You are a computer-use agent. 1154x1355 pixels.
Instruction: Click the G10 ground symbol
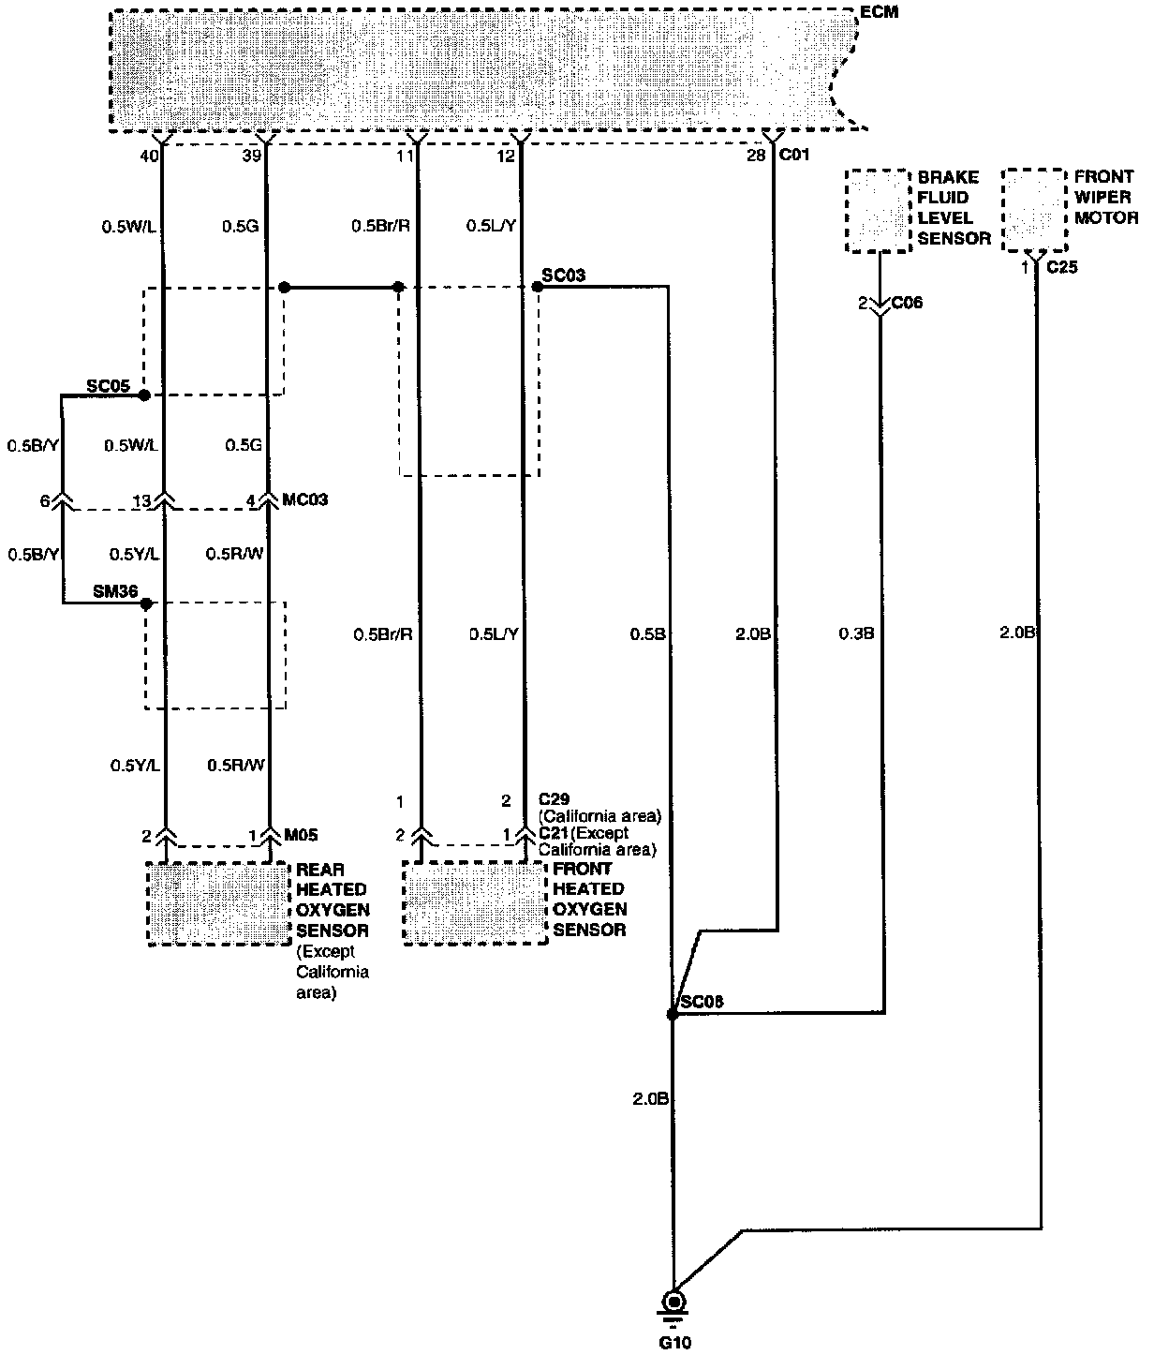pyautogui.click(x=673, y=1303)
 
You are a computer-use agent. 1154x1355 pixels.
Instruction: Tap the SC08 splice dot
pyautogui.click(x=672, y=1015)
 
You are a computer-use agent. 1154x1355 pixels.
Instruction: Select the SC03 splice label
pyautogui.click(x=564, y=275)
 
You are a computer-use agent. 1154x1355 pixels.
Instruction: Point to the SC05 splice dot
pyautogui.click(x=144, y=395)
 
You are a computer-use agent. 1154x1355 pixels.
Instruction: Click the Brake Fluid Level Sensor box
pyautogui.click(x=878, y=210)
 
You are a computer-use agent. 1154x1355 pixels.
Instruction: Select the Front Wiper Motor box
pyautogui.click(x=1034, y=210)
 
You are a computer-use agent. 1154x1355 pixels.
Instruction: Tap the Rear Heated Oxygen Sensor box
pyautogui.click(x=217, y=904)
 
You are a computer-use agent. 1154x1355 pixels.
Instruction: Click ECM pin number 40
pyautogui.click(x=149, y=156)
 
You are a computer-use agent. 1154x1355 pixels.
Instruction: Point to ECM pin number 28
pyautogui.click(x=756, y=156)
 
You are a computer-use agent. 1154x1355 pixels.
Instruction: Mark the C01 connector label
pyautogui.click(x=793, y=156)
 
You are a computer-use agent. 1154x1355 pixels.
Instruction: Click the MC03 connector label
pyautogui.click(x=305, y=500)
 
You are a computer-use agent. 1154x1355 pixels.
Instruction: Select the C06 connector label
pyautogui.click(x=907, y=303)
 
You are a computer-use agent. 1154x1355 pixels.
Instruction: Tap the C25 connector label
pyautogui.click(x=1062, y=268)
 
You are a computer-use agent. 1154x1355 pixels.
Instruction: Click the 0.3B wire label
pyautogui.click(x=857, y=634)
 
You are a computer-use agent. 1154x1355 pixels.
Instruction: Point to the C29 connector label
pyautogui.click(x=555, y=799)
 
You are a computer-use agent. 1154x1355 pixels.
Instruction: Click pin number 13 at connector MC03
pyautogui.click(x=141, y=501)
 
